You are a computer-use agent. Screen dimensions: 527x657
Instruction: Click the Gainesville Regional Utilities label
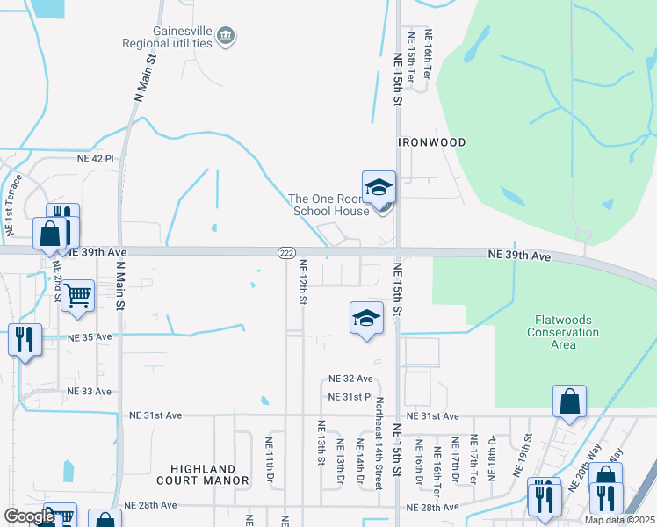click(x=183, y=41)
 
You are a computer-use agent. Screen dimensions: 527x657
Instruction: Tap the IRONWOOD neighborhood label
click(x=431, y=141)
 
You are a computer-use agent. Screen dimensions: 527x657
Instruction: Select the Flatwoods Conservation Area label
click(x=563, y=332)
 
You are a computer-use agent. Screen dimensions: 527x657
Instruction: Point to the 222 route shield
click(x=287, y=252)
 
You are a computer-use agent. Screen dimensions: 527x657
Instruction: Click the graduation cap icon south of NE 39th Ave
click(x=366, y=317)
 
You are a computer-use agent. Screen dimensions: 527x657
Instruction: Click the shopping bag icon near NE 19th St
click(x=569, y=401)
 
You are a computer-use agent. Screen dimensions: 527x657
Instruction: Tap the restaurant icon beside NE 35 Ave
click(x=24, y=337)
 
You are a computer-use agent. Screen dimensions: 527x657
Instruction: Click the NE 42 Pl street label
click(x=96, y=159)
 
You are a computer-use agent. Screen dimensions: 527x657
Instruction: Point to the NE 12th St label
click(x=302, y=282)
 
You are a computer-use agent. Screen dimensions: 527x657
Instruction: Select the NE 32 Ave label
click(x=350, y=379)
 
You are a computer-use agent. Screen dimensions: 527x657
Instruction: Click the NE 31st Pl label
click(x=350, y=397)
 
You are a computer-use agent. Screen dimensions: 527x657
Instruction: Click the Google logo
click(x=29, y=516)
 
